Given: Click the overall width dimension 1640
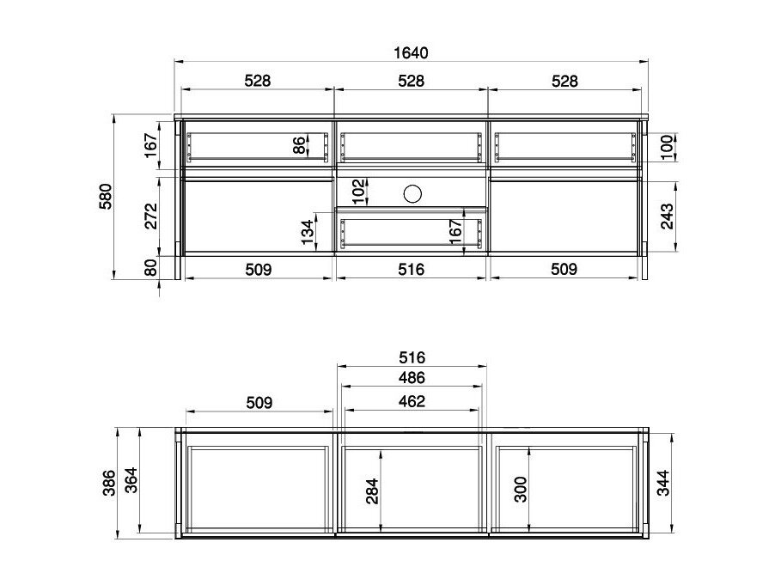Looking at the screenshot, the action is click(411, 52).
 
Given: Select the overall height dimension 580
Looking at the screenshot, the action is click(106, 197).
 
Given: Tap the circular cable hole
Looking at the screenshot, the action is click(412, 193).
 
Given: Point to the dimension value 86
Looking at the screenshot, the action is click(299, 145).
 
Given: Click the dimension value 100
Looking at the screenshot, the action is click(667, 147).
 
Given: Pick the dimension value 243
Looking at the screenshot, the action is click(667, 216).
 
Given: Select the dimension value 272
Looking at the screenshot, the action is click(151, 216).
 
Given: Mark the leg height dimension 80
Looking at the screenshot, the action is click(151, 267).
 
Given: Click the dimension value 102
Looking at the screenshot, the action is click(358, 192).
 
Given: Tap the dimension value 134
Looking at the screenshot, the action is click(308, 232).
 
